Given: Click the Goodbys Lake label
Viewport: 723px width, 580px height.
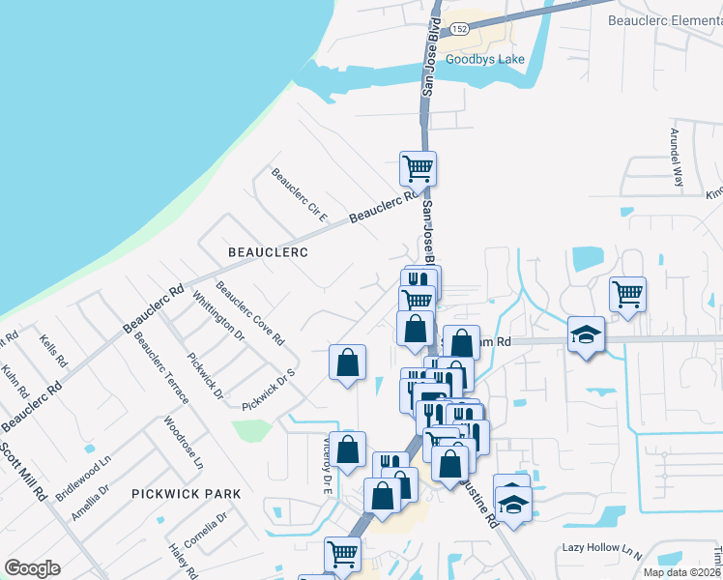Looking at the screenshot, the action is (x=484, y=60).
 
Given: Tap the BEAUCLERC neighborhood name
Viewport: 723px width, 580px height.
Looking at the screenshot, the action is (x=268, y=252).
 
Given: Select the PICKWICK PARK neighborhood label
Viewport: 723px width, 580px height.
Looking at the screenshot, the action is (x=187, y=494).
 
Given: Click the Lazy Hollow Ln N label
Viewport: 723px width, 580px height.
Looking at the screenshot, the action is (x=602, y=548).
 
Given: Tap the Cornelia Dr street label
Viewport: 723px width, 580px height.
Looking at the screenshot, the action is (x=205, y=530).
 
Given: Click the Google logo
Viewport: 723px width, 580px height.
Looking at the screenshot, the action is (x=32, y=568).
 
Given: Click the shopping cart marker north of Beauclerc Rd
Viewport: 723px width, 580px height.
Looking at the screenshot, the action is (x=418, y=168).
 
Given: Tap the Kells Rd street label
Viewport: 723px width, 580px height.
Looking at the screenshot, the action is (x=53, y=351).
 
